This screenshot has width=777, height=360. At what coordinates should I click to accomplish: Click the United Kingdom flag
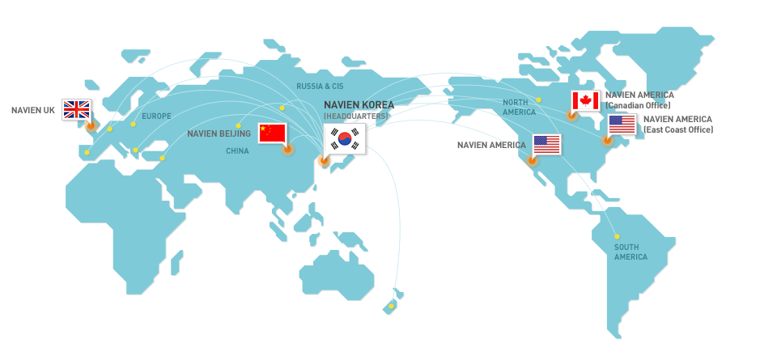[x=77, y=109]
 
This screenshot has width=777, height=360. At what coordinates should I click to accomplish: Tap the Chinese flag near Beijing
[x=273, y=133]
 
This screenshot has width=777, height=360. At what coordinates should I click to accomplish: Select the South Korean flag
[x=345, y=139]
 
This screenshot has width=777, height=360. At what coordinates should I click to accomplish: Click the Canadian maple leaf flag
[x=585, y=101]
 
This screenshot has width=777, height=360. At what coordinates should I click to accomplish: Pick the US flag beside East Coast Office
[x=622, y=125]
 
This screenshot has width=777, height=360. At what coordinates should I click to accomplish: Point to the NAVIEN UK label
[x=32, y=110]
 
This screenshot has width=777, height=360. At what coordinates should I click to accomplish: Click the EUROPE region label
[x=156, y=116]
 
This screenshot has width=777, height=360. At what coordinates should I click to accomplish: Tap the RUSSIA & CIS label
[x=320, y=86]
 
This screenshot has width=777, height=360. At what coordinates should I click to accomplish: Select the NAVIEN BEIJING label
[x=219, y=133]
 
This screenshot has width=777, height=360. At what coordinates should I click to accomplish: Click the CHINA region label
[x=237, y=151]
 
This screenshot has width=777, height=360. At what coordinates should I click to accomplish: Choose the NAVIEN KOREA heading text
[x=359, y=105]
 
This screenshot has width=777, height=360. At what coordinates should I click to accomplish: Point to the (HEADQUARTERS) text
[x=356, y=116]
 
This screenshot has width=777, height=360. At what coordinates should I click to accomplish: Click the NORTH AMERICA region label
[x=519, y=108]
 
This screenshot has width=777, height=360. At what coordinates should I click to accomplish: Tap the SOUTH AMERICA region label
[x=631, y=252]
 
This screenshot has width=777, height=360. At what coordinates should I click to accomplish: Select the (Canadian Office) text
[x=639, y=105]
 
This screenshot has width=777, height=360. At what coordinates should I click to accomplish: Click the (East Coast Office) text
[x=678, y=129]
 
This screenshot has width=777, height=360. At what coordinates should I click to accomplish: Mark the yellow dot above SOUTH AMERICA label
[x=617, y=236]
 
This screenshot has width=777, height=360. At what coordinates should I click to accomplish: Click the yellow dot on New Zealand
[x=391, y=306]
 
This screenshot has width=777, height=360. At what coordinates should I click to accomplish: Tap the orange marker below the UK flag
[x=90, y=125]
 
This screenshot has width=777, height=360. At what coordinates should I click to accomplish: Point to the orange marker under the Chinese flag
[x=287, y=149]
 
